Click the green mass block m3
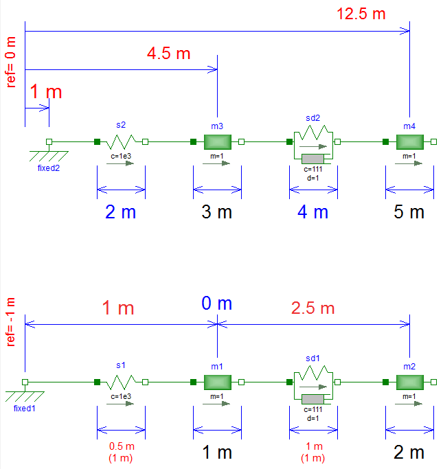click(x=217, y=142)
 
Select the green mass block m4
click(x=409, y=142)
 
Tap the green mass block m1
click(x=217, y=382)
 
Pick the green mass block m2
click(x=409, y=382)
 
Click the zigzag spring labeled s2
click(x=121, y=142)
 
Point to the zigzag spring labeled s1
click(x=121, y=382)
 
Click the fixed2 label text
click(x=49, y=167)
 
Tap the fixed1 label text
click(x=25, y=408)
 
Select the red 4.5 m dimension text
click(x=168, y=53)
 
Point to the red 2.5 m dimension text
click(x=313, y=308)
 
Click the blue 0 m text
click(x=217, y=304)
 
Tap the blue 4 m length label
click(x=313, y=212)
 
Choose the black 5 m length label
click(x=409, y=212)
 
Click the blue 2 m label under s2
click(x=121, y=212)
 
